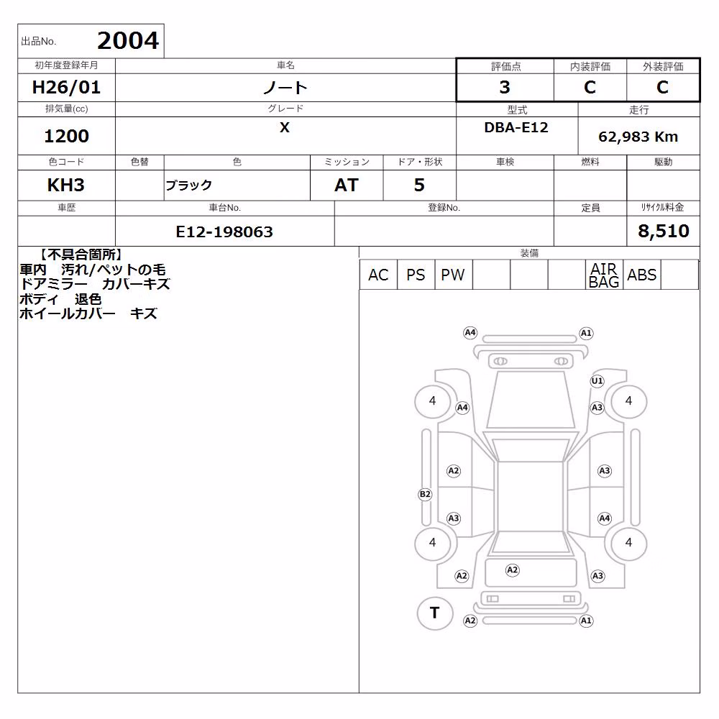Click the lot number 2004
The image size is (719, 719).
click(x=128, y=40)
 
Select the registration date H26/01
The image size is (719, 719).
click(x=66, y=87)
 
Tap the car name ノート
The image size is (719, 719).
click(x=285, y=87)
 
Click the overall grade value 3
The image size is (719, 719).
click(x=505, y=87)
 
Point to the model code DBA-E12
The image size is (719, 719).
click(x=516, y=127)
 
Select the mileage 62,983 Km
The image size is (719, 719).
click(x=638, y=137)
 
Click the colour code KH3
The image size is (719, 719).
click(x=66, y=185)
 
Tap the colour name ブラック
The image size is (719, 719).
click(x=188, y=186)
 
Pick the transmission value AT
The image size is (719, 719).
click(x=347, y=185)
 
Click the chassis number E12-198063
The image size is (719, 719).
click(x=224, y=232)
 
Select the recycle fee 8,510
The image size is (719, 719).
click(x=663, y=231)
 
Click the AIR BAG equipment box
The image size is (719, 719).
click(x=604, y=275)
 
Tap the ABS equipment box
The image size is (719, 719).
click(x=641, y=275)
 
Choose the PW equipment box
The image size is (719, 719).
click(x=453, y=275)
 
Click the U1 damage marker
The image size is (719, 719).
click(x=597, y=380)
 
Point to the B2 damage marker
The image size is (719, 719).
click(x=425, y=494)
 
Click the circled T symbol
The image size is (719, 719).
click(x=435, y=613)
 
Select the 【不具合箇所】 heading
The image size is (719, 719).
click(x=81, y=255)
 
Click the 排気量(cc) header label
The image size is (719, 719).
click(x=66, y=109)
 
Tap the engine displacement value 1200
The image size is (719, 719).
click(x=66, y=136)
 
